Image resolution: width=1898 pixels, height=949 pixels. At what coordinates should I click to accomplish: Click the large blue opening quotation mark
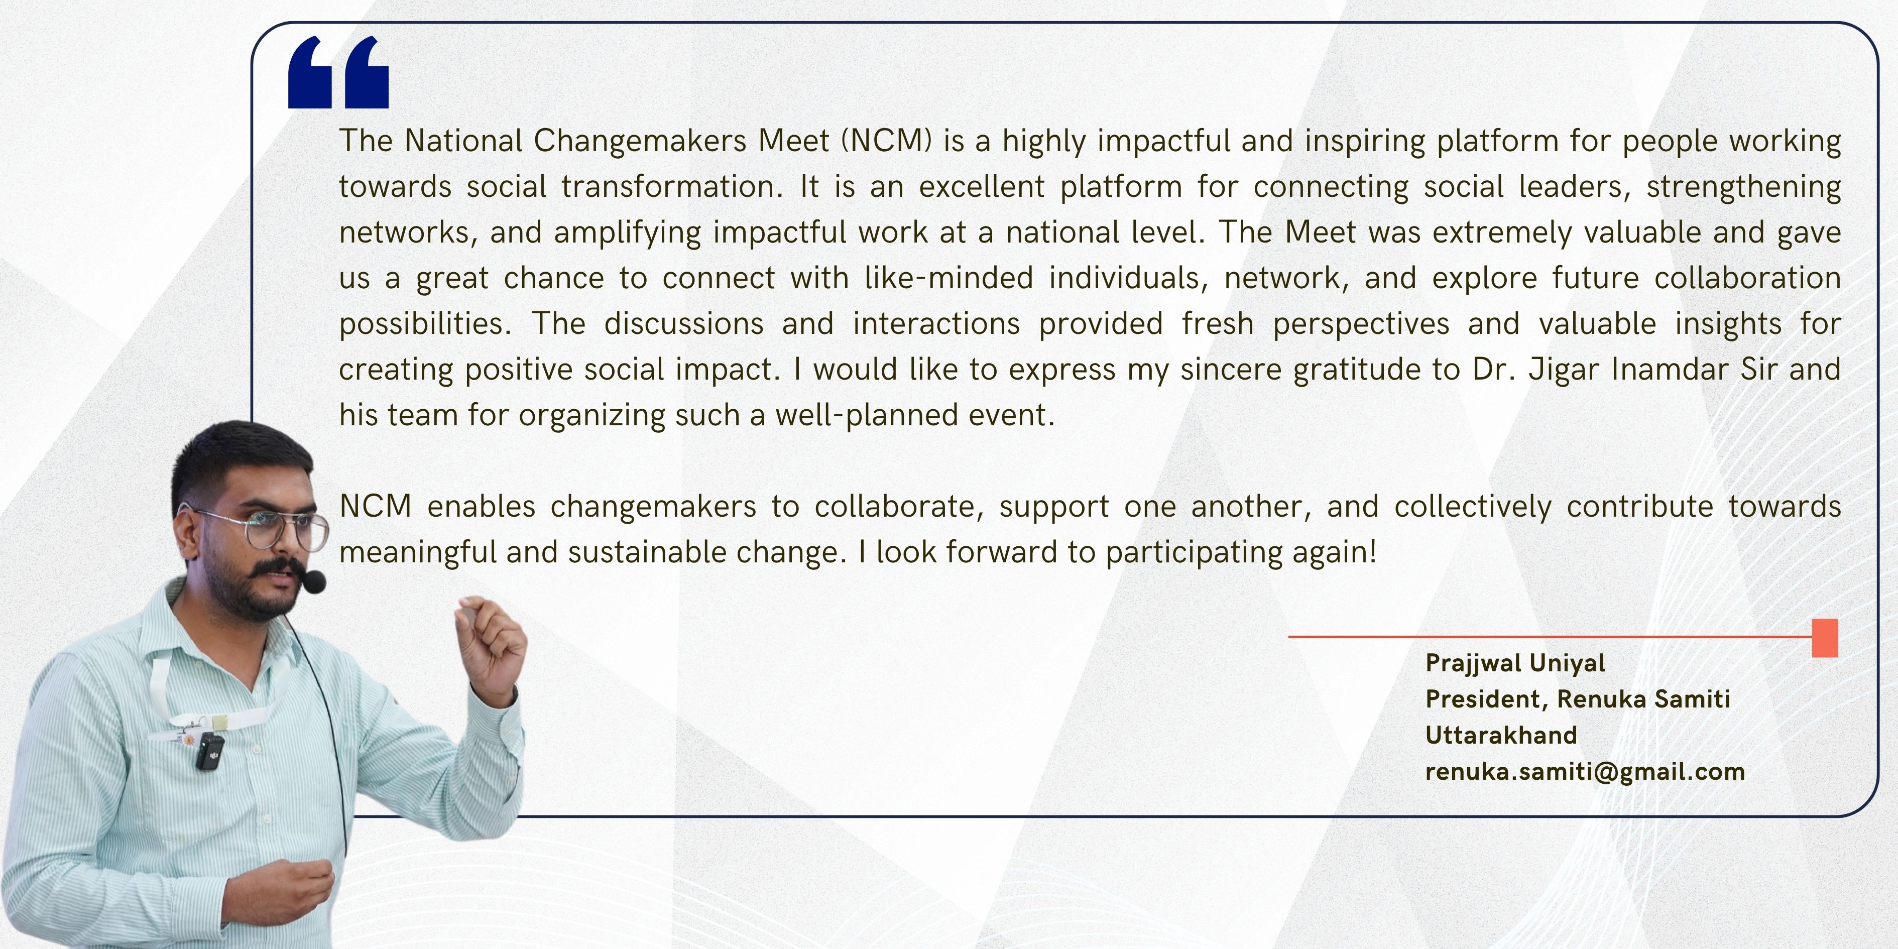click(338, 72)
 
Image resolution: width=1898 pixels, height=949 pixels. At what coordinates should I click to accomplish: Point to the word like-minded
click(949, 278)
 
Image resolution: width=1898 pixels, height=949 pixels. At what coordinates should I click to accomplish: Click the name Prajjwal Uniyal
click(1515, 663)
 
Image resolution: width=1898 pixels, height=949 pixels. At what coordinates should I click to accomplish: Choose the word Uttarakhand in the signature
click(1501, 735)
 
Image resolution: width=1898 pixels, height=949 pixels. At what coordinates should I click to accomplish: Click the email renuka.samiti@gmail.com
click(1585, 771)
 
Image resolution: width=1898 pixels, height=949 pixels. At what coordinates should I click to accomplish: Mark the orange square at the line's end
click(1825, 637)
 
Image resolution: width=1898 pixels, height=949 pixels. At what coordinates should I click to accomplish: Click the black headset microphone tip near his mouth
click(315, 582)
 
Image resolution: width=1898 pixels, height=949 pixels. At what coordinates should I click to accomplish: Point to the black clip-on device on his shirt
click(210, 752)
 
